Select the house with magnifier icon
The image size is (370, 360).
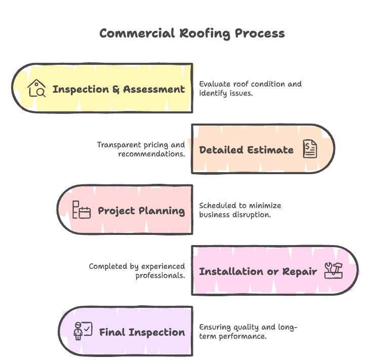tap(36, 89)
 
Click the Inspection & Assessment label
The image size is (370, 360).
tap(118, 89)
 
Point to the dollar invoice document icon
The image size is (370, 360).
tap(310, 149)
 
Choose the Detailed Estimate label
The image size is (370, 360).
tap(246, 150)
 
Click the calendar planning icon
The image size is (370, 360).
tap(81, 210)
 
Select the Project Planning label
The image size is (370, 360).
tap(141, 211)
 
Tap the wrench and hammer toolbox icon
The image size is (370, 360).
tap(334, 270)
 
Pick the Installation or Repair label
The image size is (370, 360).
tap(258, 271)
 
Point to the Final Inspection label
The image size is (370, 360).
tap(142, 332)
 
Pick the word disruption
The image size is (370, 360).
tap(253, 214)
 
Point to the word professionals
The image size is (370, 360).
tap(160, 275)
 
